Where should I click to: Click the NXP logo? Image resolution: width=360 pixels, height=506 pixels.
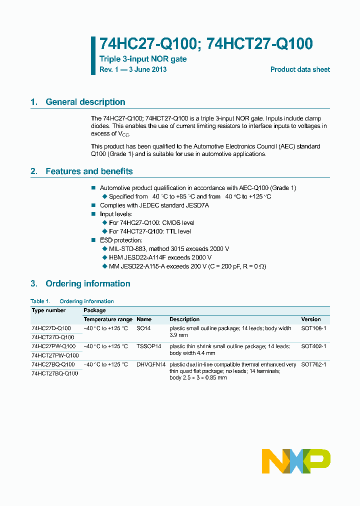coord(296,460)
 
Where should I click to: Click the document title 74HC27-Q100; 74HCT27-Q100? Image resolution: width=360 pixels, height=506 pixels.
coord(206,44)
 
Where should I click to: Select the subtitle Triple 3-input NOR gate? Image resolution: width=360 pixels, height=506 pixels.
coord(143,59)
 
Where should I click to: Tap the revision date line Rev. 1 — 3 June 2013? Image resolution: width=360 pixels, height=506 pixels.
coord(133,69)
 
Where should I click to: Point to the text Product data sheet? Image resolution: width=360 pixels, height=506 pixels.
coord(300,69)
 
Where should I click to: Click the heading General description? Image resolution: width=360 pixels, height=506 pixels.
coord(85,102)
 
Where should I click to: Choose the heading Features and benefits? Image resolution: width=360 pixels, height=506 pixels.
coord(89,171)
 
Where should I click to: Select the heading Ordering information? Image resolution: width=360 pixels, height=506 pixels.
coord(87,283)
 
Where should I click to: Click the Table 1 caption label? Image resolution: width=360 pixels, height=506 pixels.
coord(40,301)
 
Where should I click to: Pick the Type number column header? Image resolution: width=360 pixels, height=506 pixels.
coord(48,310)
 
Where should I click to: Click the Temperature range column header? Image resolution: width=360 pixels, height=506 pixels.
coord(108,319)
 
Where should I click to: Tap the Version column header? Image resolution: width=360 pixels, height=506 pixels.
coord(311,319)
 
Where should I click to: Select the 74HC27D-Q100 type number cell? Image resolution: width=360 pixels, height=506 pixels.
coord(51,328)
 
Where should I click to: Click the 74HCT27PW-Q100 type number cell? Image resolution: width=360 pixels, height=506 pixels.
coord(55,355)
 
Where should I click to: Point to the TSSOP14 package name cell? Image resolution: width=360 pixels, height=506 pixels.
coord(149,346)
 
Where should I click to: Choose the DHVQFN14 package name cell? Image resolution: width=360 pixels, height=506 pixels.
coord(151,364)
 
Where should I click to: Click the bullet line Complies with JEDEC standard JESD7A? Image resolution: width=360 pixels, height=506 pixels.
coord(154,205)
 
